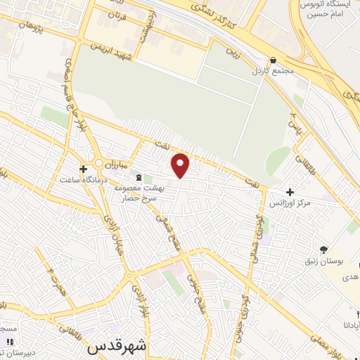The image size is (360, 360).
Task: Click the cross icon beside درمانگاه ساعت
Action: click(x=84, y=169)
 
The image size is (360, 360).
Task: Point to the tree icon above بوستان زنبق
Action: click(x=324, y=249)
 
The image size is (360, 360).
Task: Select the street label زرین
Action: click(x=229, y=51)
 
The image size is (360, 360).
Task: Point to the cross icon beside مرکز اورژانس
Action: click(x=290, y=191)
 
